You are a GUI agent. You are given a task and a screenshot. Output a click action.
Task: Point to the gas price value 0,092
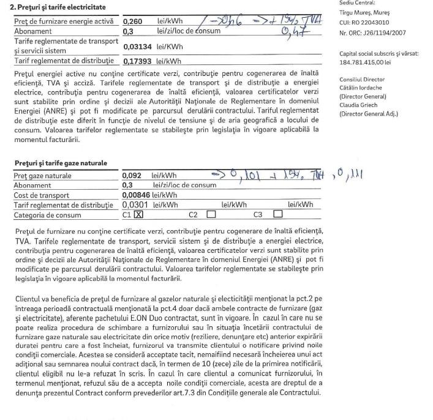click(x=133, y=176)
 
